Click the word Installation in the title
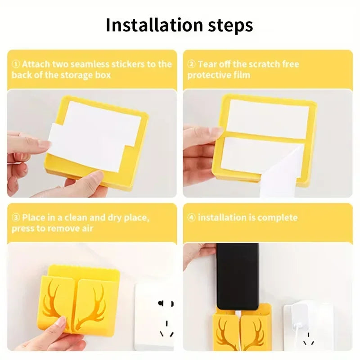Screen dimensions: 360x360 tap(154, 25)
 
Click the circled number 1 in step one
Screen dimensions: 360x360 tap(16, 64)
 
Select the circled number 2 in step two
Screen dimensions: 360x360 tap(191, 64)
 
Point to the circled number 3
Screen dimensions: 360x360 tap(16, 217)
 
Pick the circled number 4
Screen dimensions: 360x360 tap(191, 217)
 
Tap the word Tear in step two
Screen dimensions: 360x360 tap(207, 64)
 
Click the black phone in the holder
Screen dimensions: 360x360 tap(238, 276)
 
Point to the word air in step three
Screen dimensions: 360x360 tap(88, 229)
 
